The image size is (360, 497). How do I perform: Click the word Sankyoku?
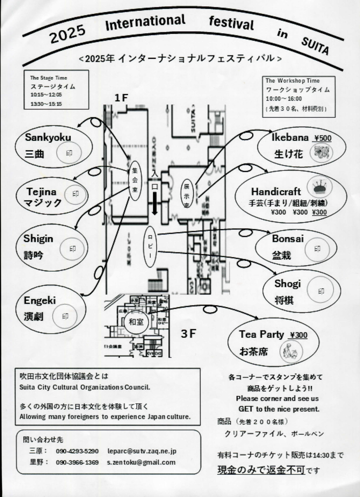48,137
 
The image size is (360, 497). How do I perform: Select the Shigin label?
38,238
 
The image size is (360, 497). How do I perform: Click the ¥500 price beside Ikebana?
323,138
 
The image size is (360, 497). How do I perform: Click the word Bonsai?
287,239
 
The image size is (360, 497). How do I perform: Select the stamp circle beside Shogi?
321,291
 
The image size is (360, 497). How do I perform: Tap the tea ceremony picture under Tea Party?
291,351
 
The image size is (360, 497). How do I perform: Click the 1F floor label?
121,98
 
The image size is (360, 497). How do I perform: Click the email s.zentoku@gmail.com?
141,462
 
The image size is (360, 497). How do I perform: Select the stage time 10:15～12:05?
46,94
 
